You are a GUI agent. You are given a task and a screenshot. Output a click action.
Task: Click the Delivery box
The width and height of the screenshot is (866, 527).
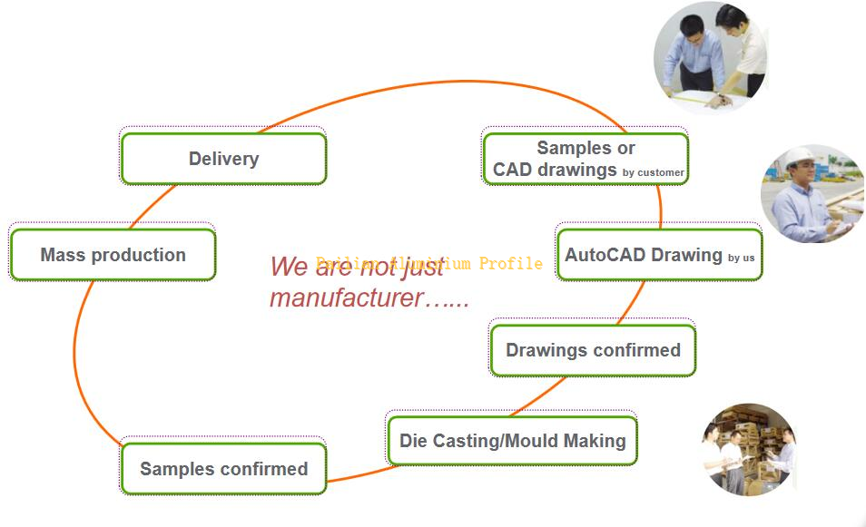coord(223,159)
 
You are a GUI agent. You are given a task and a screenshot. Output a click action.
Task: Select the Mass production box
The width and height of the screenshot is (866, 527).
coord(113,255)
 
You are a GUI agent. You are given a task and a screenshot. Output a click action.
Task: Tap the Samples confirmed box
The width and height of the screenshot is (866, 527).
coord(223,469)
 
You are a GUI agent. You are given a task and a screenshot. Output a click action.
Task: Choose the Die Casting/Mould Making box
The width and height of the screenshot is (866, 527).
coord(512,441)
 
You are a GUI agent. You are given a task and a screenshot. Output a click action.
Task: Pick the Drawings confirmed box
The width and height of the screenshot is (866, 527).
coord(593,350)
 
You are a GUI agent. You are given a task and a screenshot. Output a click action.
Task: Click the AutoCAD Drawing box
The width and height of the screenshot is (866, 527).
coord(659,255)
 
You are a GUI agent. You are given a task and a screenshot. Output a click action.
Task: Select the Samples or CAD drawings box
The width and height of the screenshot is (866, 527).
coord(586,159)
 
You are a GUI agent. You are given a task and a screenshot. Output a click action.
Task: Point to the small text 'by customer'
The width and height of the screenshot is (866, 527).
coord(654,172)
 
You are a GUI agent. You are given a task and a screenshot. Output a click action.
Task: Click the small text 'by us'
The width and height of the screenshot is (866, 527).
coord(741,258)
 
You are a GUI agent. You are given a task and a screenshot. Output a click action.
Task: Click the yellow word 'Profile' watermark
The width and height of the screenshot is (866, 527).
coord(511,263)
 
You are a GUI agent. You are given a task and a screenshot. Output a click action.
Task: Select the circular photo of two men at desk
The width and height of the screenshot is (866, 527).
coord(711,56)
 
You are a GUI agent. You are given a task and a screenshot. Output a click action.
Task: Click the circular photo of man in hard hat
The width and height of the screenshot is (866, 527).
coord(811,193)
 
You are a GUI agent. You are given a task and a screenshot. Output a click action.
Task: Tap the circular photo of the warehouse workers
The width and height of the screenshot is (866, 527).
coord(749,449)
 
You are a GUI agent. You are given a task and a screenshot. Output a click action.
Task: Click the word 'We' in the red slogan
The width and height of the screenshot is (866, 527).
coord(289,267)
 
